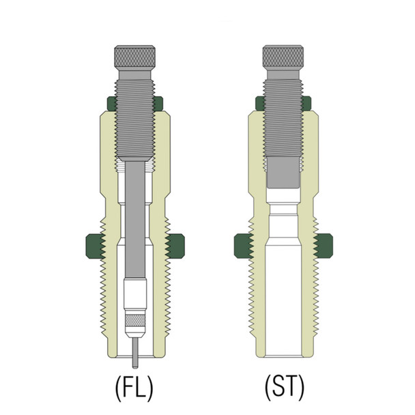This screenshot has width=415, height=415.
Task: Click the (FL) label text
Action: tap(133, 387)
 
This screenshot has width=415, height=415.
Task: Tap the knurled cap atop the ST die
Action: tap(283, 54)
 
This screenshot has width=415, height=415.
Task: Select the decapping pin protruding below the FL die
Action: tap(134, 347)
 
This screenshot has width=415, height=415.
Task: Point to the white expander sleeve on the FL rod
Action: tap(134, 294)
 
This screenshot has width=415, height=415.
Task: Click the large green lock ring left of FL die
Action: tap(94, 246)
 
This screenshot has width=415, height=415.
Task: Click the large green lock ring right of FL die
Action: tap(175, 246)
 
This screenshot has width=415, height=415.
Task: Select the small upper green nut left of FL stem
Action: tap(111, 104)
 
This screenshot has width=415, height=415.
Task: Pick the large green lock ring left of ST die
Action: tap(243, 246)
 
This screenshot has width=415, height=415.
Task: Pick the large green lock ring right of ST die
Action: tap(324, 246)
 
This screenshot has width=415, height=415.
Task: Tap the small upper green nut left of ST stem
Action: tap(260, 104)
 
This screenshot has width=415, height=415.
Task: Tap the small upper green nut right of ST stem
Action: tap(306, 104)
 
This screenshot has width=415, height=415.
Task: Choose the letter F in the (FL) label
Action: tap(128, 387)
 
